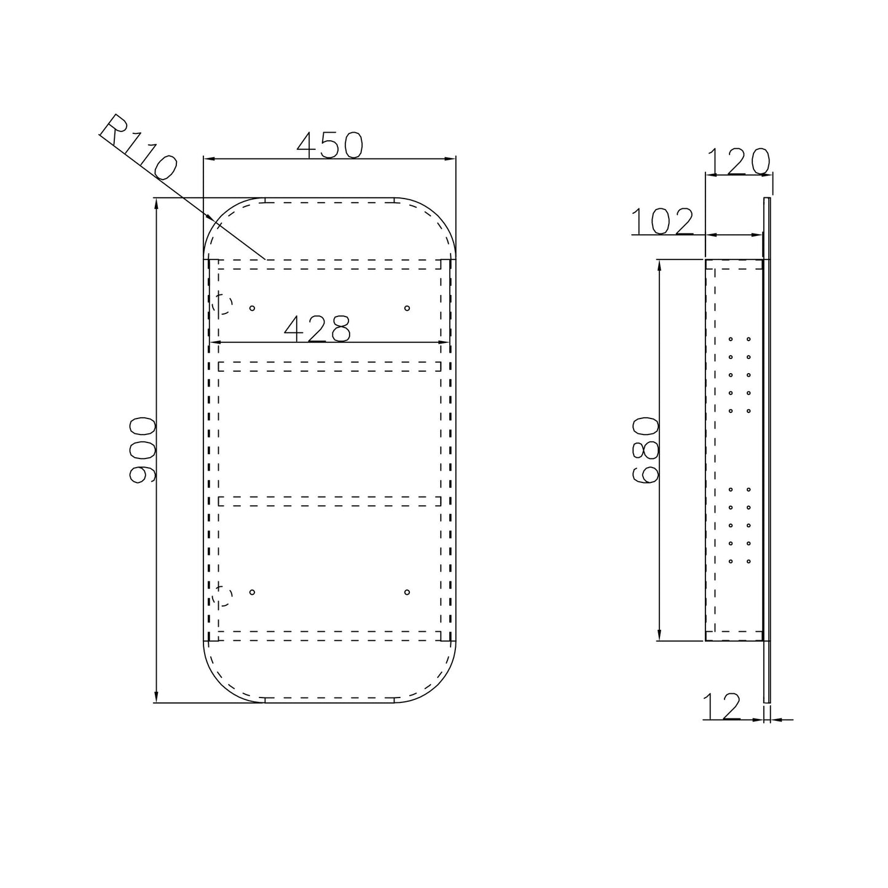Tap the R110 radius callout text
click(x=138, y=147)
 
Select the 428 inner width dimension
click(x=318, y=328)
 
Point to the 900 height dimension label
click(x=143, y=450)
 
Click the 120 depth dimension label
click(x=738, y=161)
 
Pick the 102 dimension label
click(x=662, y=221)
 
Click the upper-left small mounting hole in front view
click(x=252, y=308)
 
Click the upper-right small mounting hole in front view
click(x=407, y=308)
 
